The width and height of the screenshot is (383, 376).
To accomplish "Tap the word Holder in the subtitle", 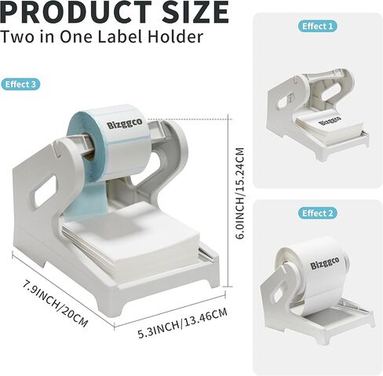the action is pos(175,36).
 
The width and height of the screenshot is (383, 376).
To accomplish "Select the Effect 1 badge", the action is pos(318,26).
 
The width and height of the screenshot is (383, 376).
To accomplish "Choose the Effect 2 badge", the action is pos(318,214).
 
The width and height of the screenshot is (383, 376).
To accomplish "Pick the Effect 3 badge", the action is pos(20,84).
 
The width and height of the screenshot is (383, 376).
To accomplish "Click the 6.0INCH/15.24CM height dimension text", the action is pos(240,194).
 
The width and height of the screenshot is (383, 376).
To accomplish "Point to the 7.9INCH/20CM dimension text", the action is pos(55,304).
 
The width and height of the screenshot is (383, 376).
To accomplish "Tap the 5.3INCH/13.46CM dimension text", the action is pos(182,323).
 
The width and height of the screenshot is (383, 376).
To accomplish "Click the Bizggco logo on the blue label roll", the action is pos(125,123).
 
